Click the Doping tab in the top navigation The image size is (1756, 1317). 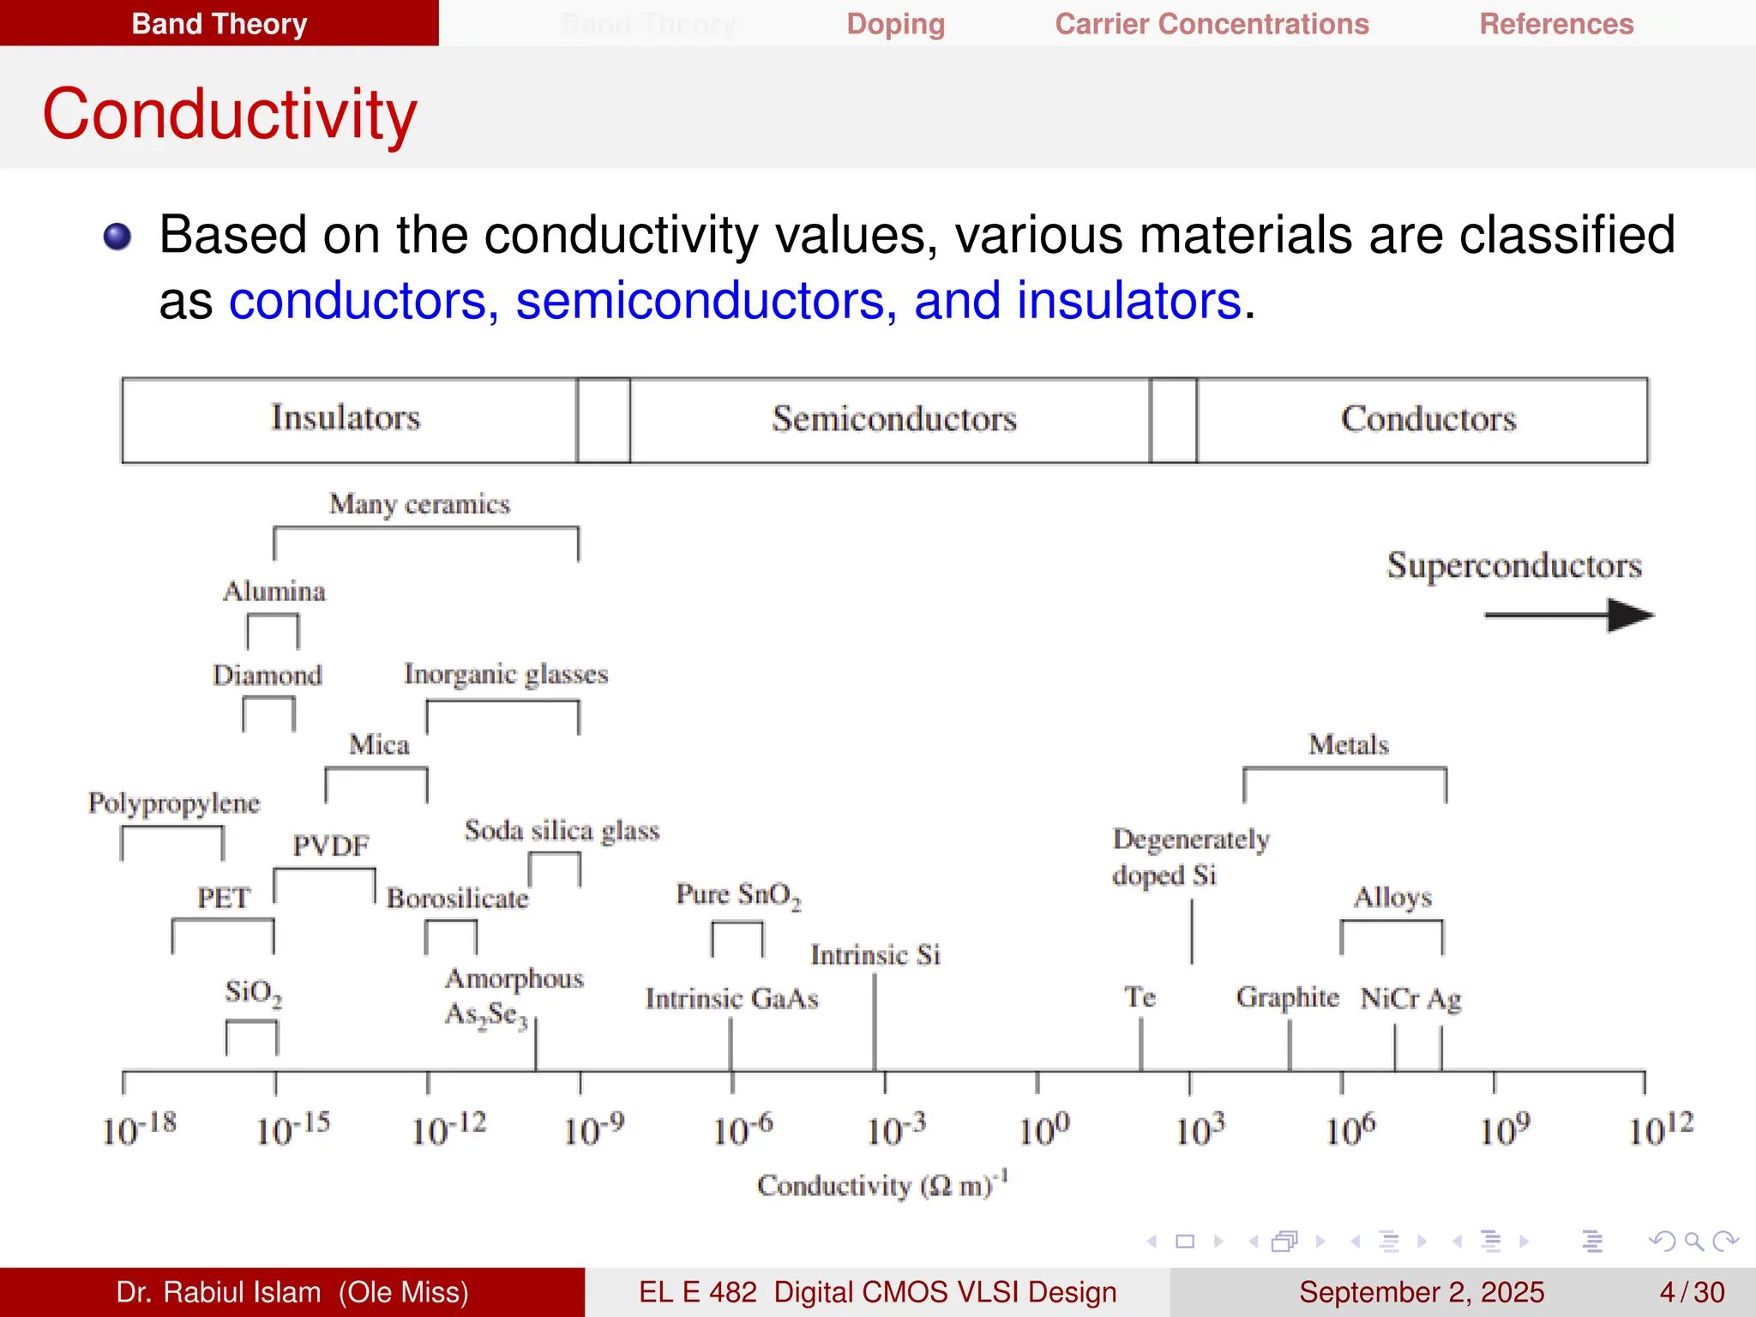(x=895, y=24)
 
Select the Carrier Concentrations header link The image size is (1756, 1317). (x=1212, y=24)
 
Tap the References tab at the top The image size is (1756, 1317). (x=1556, y=24)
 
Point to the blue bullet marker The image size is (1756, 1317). (x=117, y=236)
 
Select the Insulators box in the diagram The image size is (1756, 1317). (x=346, y=419)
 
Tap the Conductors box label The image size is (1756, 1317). (x=1428, y=419)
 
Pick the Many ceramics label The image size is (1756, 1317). (x=419, y=504)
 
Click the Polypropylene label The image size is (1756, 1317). (x=174, y=803)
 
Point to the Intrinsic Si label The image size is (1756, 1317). (x=875, y=955)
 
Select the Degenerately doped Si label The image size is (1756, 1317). (x=1190, y=857)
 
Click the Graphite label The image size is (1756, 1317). (x=1287, y=997)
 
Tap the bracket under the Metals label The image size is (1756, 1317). (x=1344, y=770)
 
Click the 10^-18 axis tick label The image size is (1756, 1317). (x=139, y=1128)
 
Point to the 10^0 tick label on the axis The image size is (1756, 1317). (x=1043, y=1128)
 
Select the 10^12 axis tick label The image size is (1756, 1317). (x=1660, y=1128)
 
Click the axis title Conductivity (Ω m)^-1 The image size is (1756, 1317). (x=881, y=1185)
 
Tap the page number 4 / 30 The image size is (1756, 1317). (x=1691, y=1292)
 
